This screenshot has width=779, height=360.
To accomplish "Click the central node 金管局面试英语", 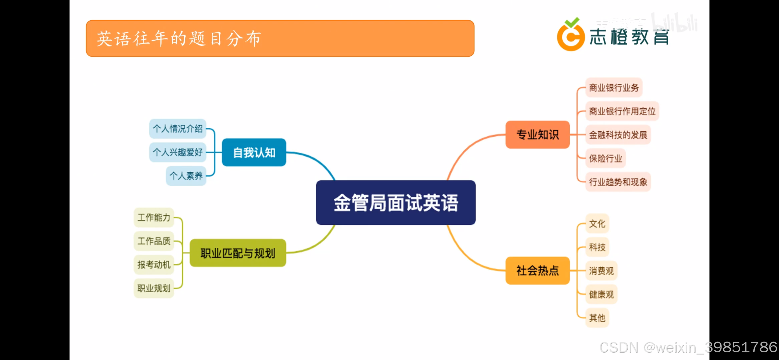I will pyautogui.click(x=396, y=203).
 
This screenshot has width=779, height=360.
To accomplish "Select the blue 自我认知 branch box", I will pyautogui.click(x=254, y=153).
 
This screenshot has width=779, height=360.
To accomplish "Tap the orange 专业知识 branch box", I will pyautogui.click(x=537, y=135).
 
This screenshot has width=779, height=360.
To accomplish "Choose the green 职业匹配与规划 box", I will pyautogui.click(x=238, y=253).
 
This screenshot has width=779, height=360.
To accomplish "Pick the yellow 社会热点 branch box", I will pyautogui.click(x=537, y=271).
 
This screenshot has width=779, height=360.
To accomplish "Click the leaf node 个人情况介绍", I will pyautogui.click(x=178, y=129).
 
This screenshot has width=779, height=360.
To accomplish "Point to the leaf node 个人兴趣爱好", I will pyautogui.click(x=178, y=152).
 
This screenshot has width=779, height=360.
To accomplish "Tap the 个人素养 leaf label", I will pyautogui.click(x=186, y=176).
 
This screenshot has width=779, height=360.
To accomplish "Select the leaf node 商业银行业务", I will pyautogui.click(x=614, y=88).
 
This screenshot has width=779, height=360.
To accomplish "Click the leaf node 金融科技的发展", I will pyautogui.click(x=618, y=135).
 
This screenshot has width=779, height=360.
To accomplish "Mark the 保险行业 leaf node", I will pyautogui.click(x=605, y=158).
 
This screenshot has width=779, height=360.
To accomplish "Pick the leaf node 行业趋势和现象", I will pyautogui.click(x=618, y=182).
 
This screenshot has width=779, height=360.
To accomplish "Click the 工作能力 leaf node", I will pyautogui.click(x=154, y=218).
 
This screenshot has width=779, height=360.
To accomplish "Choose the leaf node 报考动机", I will pyautogui.click(x=154, y=265).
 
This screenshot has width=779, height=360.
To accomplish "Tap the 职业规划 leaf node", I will pyautogui.click(x=154, y=288).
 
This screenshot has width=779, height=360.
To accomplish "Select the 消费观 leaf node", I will pyautogui.click(x=601, y=271).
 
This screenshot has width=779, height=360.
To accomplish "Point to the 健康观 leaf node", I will pyautogui.click(x=601, y=294).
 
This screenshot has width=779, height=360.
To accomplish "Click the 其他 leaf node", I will pyautogui.click(x=597, y=318).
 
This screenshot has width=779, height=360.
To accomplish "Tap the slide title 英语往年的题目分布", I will pyautogui.click(x=179, y=39).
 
